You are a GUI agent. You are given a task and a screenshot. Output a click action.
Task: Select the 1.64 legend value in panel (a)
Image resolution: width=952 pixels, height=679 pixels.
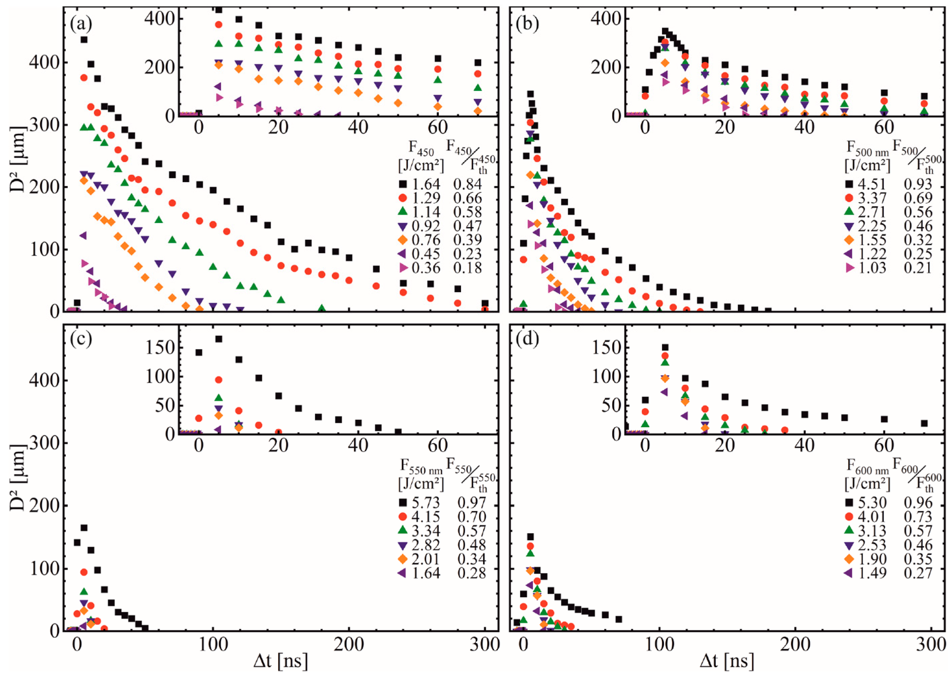427,184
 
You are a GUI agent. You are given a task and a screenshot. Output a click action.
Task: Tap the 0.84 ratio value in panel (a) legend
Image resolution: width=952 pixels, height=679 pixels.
468,184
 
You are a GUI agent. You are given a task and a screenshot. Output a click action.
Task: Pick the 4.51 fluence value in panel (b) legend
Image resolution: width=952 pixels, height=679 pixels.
873,184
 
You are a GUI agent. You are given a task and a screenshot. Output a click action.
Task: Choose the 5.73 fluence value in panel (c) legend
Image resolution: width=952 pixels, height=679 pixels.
427,503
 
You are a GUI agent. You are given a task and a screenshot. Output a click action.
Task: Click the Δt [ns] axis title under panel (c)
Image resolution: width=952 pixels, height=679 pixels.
281,662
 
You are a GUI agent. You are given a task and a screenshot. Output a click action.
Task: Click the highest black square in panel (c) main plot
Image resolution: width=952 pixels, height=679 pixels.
84,528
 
